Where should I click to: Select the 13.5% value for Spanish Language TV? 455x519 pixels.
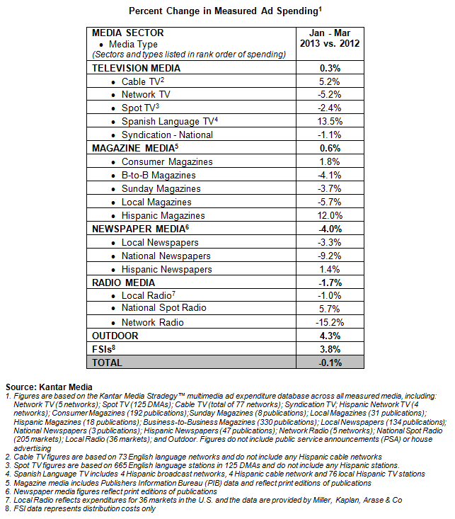331,122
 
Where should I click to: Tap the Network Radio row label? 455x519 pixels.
152,322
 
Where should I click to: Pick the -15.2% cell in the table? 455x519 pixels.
331,322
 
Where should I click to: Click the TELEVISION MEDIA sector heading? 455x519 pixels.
137,68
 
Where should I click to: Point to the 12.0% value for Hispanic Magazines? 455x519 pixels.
331,215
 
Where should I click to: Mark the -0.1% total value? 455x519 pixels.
331,363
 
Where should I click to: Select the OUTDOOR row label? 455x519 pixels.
115,336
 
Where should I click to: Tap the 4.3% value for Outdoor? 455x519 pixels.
331,336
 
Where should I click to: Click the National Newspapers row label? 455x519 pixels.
166,256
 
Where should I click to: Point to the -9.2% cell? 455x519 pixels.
331,256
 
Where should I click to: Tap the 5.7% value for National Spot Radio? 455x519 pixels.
331,309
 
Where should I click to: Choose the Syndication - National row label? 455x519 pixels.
167,135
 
